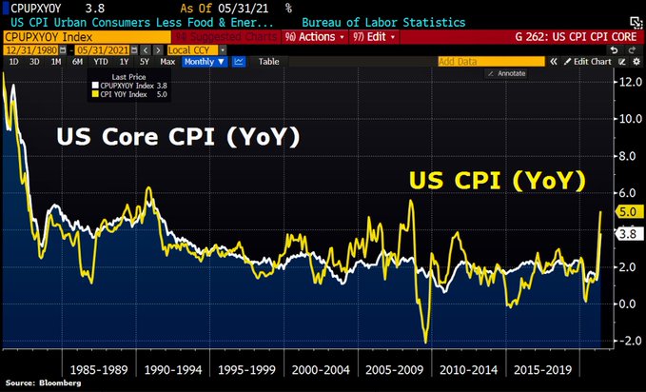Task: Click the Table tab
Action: coord(269,61)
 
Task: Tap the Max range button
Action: coord(167,61)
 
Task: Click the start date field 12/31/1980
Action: coord(30,49)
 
